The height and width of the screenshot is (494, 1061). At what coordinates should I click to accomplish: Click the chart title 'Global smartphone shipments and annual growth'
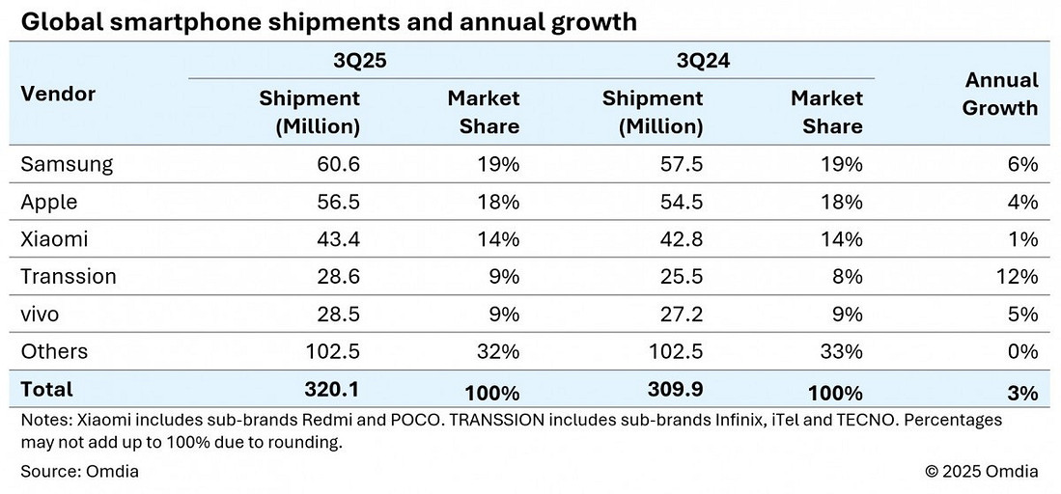[329, 22]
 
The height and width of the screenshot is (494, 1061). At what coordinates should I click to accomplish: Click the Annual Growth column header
[999, 94]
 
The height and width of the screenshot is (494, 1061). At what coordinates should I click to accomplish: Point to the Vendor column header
[58, 94]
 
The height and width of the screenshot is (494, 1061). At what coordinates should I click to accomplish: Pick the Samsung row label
[67, 164]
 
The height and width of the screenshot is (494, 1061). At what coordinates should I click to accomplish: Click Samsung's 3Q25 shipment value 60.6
[338, 164]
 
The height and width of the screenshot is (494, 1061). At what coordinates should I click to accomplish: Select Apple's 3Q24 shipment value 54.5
[682, 202]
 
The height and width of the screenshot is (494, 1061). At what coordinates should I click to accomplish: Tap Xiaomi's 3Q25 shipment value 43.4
[338, 239]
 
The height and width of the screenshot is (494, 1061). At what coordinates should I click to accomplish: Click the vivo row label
[41, 315]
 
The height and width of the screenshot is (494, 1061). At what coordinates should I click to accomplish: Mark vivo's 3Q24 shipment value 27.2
[682, 315]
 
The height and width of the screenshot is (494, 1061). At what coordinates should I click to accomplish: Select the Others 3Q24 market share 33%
[840, 352]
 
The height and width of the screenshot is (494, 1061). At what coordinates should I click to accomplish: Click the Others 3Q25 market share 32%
[497, 352]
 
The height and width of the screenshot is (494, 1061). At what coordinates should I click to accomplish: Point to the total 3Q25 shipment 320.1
[332, 390]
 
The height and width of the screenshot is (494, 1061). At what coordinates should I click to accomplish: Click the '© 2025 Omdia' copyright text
[981, 471]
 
